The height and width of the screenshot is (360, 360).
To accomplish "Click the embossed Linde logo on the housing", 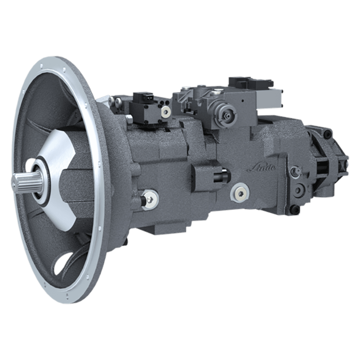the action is point(262,169).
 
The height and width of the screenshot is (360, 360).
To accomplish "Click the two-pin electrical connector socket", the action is point(141,98).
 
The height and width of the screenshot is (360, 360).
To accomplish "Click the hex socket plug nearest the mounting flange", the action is point(150,199).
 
